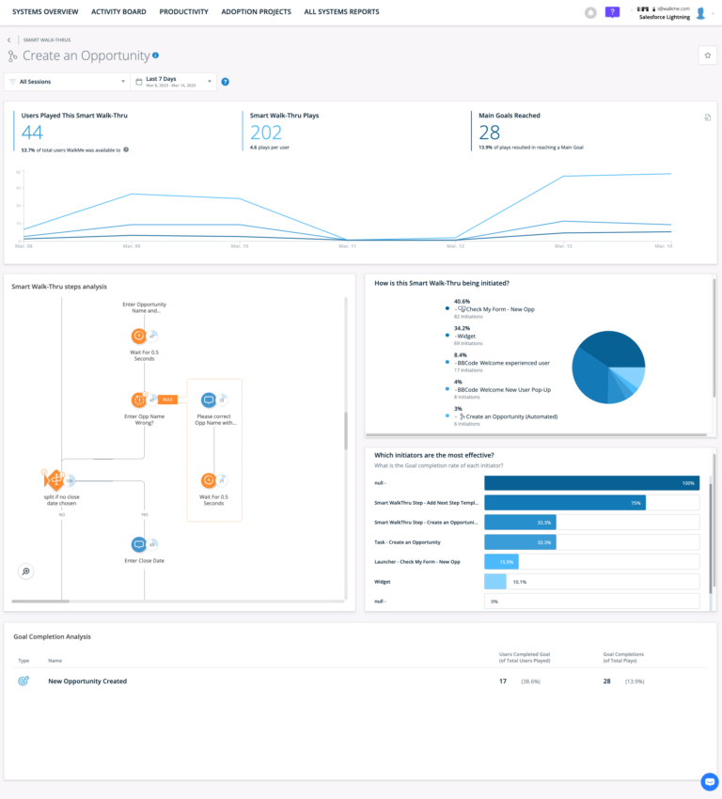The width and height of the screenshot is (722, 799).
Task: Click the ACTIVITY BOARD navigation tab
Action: click(118, 12)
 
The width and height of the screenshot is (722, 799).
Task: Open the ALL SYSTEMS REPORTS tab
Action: click(341, 12)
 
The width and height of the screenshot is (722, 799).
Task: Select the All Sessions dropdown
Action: click(66, 82)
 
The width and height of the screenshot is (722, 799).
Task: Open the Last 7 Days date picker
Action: click(174, 82)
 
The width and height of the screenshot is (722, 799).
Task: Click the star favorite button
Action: click(707, 56)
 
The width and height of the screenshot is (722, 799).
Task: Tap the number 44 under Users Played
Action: click(33, 133)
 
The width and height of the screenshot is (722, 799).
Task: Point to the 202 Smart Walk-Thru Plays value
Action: click(266, 133)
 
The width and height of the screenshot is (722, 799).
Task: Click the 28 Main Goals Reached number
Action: click(490, 133)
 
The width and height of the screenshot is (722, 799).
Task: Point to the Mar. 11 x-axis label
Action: click(347, 246)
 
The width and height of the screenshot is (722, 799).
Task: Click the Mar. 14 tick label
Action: click(663, 246)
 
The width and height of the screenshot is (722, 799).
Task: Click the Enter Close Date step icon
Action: click(138, 543)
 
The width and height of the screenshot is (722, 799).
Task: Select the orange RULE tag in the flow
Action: click(167, 399)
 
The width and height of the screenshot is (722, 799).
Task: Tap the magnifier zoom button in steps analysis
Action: click(26, 572)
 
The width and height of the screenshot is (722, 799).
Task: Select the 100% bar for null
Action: click(590, 483)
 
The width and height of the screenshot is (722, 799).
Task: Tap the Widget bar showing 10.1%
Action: click(494, 582)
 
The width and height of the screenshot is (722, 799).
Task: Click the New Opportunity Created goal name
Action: click(87, 681)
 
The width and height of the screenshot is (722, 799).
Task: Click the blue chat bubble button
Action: click(709, 782)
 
